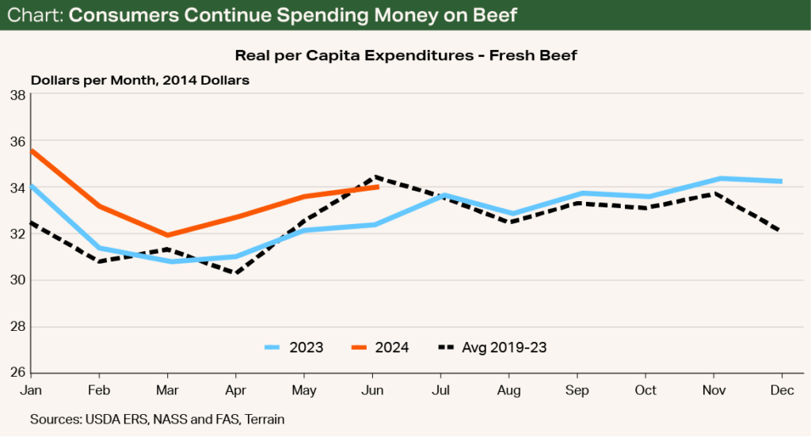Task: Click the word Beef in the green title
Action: pyautogui.click(x=484, y=16)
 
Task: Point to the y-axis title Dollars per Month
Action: pyautogui.click(x=141, y=79)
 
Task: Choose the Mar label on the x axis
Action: pyautogui.click(x=168, y=389)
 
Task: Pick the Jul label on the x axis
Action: pyautogui.click(x=441, y=389)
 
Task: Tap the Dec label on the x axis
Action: pyautogui.click(x=782, y=389)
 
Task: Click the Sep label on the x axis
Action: pyautogui.click(x=577, y=389)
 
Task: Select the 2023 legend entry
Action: pyautogui.click(x=294, y=347)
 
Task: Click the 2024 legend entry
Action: pyautogui.click(x=379, y=347)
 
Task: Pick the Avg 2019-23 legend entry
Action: pyautogui.click(x=492, y=347)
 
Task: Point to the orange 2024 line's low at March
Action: pyautogui.click(x=168, y=235)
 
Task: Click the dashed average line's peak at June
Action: pyautogui.click(x=374, y=177)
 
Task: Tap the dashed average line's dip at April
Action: pyautogui.click(x=236, y=273)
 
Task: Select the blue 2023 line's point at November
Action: pyautogui.click(x=715, y=179)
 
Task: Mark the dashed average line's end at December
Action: pyautogui.click(x=782, y=230)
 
